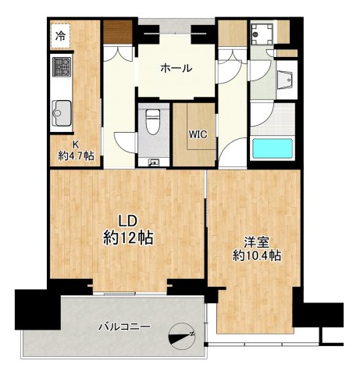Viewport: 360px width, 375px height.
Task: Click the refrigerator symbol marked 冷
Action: click(x=60, y=36)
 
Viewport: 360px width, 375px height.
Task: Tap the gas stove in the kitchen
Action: click(x=62, y=67)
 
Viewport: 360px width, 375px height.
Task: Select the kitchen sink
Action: click(x=62, y=113)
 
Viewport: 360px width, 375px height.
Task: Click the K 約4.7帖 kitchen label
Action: click(x=76, y=151)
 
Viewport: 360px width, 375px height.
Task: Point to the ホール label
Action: click(x=176, y=68)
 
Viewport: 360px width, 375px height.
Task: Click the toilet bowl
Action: click(x=153, y=121)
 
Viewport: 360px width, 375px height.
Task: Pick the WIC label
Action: click(x=198, y=134)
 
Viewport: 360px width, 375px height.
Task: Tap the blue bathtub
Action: click(x=273, y=148)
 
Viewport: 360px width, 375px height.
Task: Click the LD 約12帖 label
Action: click(x=128, y=230)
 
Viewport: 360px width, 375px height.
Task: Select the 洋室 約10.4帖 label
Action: click(x=257, y=249)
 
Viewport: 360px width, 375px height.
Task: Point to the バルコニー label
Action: click(x=124, y=327)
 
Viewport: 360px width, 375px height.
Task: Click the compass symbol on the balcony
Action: click(x=182, y=336)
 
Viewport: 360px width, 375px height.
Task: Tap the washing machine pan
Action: click(x=262, y=34)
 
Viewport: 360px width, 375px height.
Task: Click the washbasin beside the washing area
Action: click(x=284, y=80)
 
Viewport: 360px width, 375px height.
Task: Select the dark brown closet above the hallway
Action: click(x=118, y=32)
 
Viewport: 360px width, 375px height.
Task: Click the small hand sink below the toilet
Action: click(x=153, y=163)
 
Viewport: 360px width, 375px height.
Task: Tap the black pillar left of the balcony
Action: click(x=37, y=309)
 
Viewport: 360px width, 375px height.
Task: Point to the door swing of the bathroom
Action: click(x=262, y=115)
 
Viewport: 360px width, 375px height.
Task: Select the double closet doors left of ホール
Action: click(x=119, y=53)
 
